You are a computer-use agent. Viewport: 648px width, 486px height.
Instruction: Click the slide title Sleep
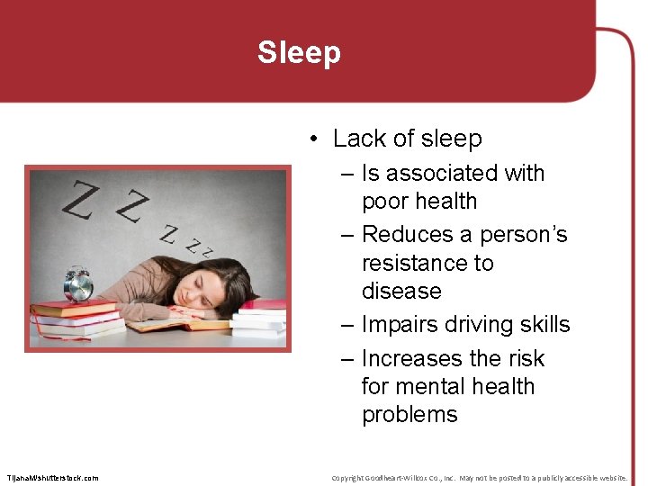click(x=299, y=52)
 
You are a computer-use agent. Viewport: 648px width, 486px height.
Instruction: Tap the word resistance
click(x=427, y=263)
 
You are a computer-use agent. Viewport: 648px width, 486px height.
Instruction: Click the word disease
click(x=401, y=291)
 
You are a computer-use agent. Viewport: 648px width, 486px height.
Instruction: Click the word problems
click(x=409, y=414)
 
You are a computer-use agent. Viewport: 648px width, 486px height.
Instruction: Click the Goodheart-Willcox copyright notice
click(x=479, y=478)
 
